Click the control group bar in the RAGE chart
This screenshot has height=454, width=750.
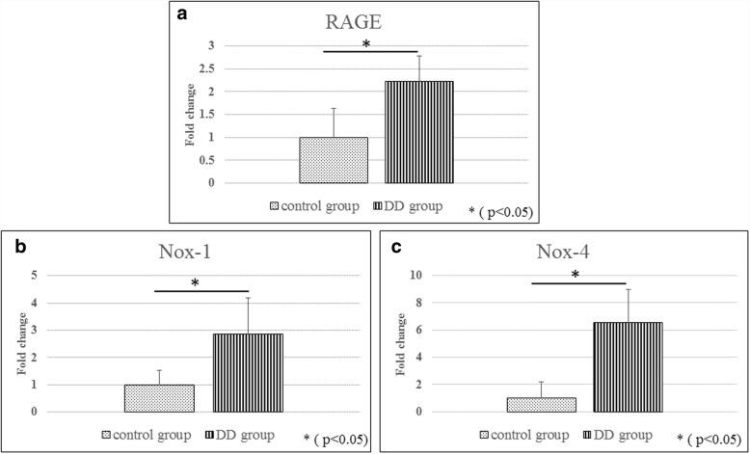click(333, 160)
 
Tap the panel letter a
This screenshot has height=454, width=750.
click(181, 13)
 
